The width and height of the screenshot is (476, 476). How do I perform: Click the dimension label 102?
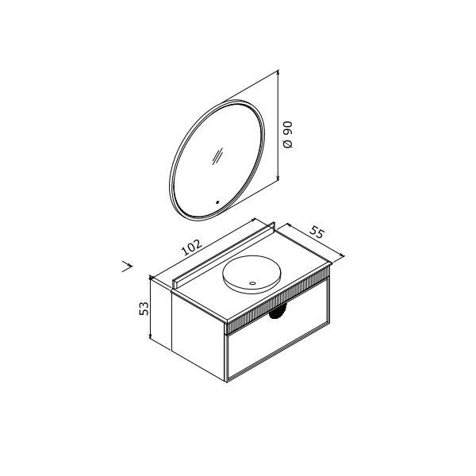point(191,247)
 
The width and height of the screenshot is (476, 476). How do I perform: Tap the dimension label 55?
point(317,233)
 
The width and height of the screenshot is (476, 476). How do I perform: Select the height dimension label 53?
point(144,308)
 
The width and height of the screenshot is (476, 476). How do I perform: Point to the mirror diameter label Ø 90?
point(287,134)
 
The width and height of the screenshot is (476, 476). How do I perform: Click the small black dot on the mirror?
point(217,202)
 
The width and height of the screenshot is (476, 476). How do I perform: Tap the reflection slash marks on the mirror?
point(217,156)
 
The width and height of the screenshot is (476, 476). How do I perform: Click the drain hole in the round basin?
point(252,283)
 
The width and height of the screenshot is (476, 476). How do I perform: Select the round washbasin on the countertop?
point(252,274)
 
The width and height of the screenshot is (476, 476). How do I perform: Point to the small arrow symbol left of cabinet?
point(127,267)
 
